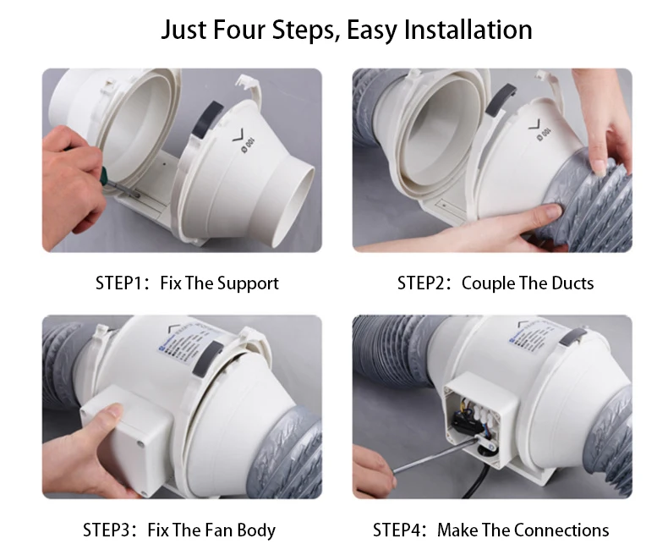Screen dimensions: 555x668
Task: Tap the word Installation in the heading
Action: [468, 30]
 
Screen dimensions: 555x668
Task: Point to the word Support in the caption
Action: [247, 283]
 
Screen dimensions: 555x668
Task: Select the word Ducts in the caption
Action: [572, 283]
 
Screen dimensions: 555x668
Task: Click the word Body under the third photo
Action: [255, 530]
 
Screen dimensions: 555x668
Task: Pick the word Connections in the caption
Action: [561, 530]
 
